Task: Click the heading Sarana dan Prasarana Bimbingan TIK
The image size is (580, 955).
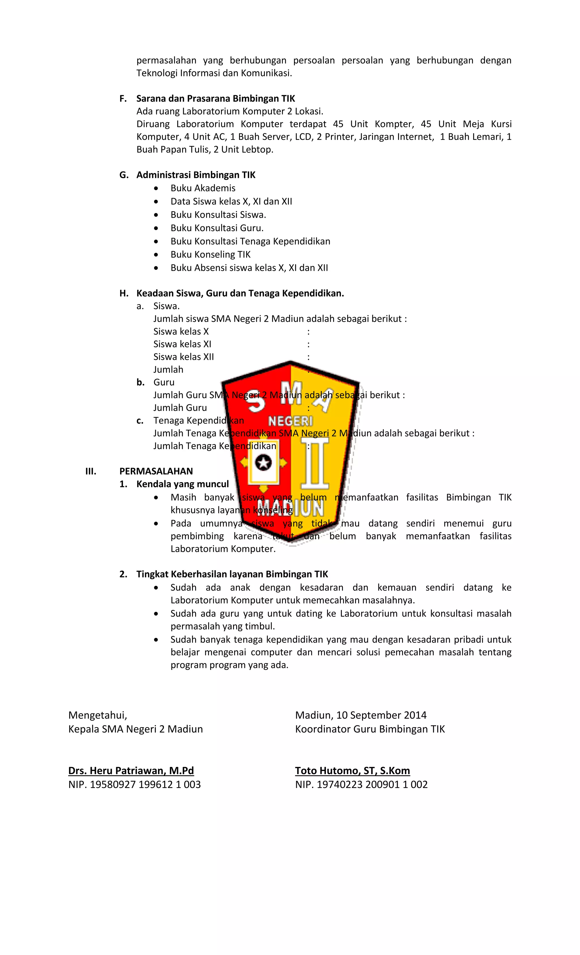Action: pyautogui.click(x=215, y=99)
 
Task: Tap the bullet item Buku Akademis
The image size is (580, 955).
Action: pyautogui.click(x=203, y=188)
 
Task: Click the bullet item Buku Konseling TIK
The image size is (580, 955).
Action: pyautogui.click(x=210, y=254)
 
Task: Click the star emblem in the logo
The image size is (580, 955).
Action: pyautogui.click(x=263, y=462)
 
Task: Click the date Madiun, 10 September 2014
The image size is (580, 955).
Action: pyautogui.click(x=361, y=715)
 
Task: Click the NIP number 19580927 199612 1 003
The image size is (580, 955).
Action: pyautogui.click(x=145, y=785)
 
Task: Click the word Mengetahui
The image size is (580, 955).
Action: pyautogui.click(x=97, y=715)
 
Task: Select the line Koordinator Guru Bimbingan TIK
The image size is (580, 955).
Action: pyautogui.click(x=370, y=729)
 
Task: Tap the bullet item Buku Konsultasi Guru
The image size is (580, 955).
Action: pyautogui.click(x=217, y=228)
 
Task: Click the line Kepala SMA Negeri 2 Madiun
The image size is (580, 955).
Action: pyautogui.click(x=135, y=729)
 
